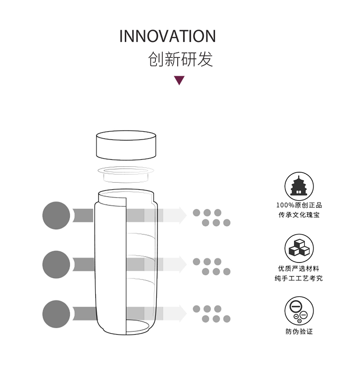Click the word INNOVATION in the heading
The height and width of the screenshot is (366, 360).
[167, 36]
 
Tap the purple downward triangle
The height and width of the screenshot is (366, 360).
[180, 81]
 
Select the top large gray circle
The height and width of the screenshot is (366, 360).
[57, 215]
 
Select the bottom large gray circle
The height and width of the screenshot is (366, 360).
[57, 314]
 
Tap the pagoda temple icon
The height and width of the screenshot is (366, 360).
[299, 186]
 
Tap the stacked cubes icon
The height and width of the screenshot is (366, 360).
[299, 248]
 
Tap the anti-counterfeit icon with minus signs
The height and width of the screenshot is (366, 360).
[299, 310]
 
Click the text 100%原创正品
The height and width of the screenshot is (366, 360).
[299, 205]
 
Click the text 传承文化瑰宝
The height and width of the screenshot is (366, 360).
[299, 215]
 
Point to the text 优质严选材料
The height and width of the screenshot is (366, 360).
[299, 268]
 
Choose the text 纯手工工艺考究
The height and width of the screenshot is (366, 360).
[299, 278]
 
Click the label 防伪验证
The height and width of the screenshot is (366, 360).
[299, 331]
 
